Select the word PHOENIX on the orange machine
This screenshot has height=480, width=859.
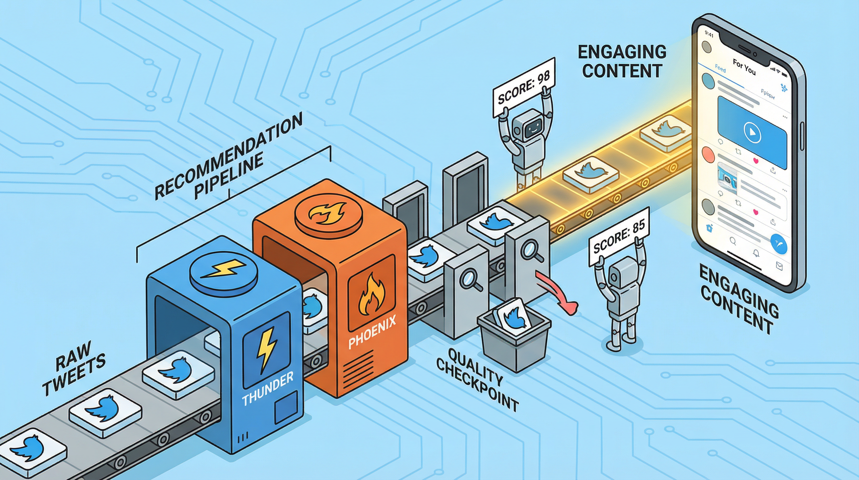pos(372,332)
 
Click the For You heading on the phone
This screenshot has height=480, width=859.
pos(744,67)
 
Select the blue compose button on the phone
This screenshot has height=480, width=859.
pos(779,245)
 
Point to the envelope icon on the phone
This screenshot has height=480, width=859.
pos(779,266)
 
